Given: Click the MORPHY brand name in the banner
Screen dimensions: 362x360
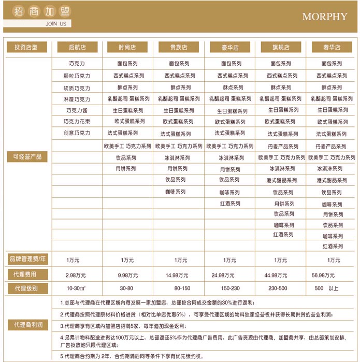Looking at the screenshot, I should tap(324, 17).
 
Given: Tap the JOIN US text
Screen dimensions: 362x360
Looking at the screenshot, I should tap(55, 24).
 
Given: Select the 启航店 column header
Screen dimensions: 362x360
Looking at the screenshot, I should tap(77, 47).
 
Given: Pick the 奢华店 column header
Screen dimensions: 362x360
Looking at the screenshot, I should tap(332, 47).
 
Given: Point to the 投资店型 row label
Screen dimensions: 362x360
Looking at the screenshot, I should tap(26, 47).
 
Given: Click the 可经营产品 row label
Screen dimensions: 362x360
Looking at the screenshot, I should tap(26, 156).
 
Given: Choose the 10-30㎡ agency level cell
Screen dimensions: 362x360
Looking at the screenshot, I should tap(76, 288).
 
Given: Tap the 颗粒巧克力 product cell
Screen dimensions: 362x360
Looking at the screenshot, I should tap(77, 76).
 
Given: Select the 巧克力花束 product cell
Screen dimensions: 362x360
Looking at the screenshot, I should tap(77, 121).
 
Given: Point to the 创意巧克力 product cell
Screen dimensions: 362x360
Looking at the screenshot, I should tap(77, 133).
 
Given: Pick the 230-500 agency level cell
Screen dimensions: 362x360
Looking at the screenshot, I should tap(280, 288).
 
